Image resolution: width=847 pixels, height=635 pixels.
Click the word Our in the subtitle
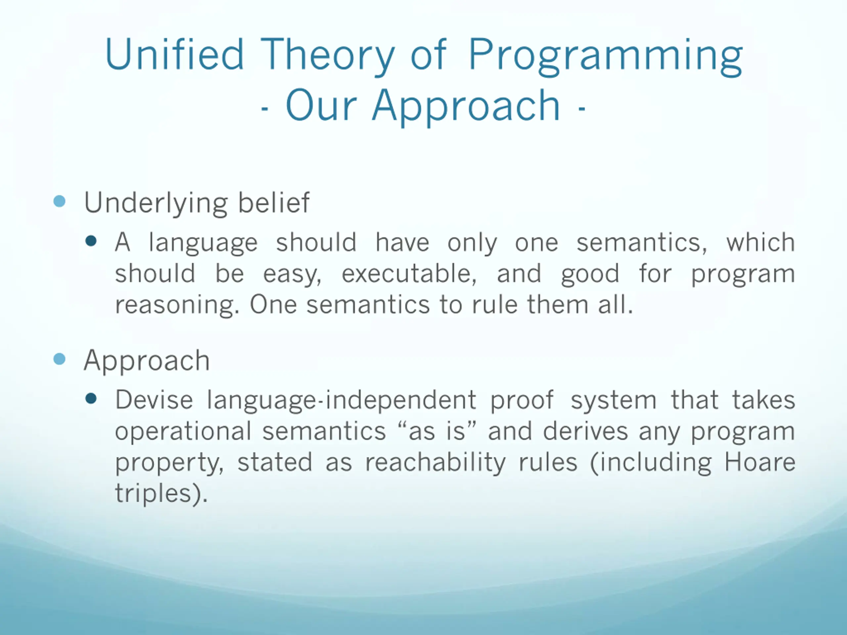(x=321, y=105)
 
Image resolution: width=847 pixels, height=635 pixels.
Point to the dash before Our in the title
(x=264, y=109)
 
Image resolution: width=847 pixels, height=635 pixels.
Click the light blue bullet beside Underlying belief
(x=59, y=201)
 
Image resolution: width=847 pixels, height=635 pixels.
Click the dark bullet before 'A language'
(x=91, y=241)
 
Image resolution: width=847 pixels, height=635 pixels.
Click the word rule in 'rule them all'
(x=495, y=305)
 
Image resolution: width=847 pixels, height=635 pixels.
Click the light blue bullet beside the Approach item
(x=59, y=359)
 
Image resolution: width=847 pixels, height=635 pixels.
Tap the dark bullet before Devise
(x=91, y=399)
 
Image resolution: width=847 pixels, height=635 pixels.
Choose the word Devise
(x=154, y=400)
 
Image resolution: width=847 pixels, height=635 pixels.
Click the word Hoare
(x=760, y=462)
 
